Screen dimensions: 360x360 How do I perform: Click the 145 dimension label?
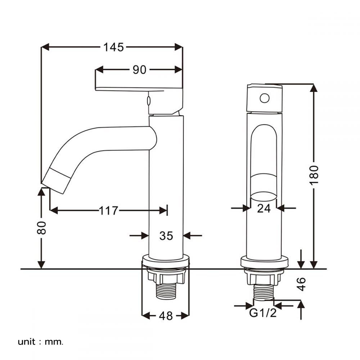[113, 47]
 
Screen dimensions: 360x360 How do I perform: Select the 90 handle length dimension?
[139, 69]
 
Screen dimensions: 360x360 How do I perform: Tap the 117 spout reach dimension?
[108, 211]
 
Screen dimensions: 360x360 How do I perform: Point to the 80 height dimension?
[41, 228]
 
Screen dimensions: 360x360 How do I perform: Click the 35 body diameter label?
[166, 236]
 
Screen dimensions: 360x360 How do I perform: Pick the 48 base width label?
[166, 316]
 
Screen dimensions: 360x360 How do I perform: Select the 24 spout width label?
[264, 208]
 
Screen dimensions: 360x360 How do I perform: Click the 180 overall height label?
[314, 175]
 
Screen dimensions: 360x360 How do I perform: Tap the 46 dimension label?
[301, 284]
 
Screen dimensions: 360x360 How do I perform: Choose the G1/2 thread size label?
[263, 313]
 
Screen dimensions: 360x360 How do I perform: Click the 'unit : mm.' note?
[40, 342]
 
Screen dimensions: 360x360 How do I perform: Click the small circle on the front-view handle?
[265, 98]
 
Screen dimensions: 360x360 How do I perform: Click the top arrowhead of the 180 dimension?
[314, 88]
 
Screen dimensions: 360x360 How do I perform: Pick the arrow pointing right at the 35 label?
[139, 235]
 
